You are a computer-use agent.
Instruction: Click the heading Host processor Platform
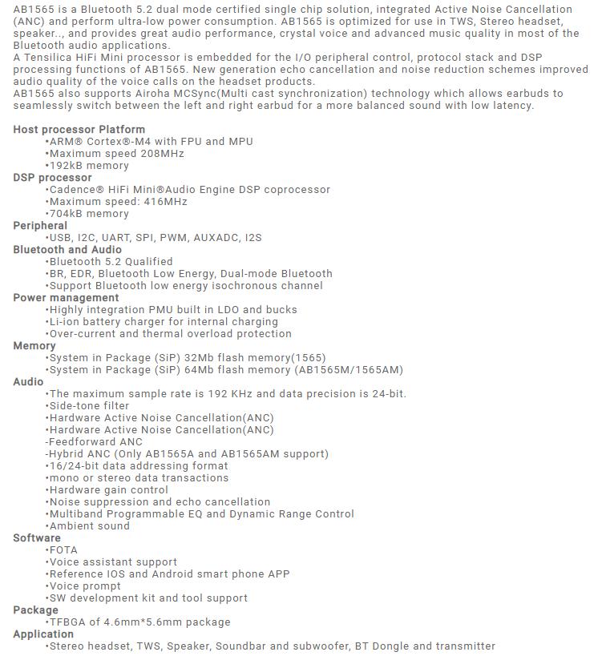79,130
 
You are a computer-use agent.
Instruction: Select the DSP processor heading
53,178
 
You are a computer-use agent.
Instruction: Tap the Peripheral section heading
40,226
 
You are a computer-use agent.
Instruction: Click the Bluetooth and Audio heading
67,250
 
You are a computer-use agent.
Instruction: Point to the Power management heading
66,298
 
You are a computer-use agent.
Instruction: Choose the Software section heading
37,538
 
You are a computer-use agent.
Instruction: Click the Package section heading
36,610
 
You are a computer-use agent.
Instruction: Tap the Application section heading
43,634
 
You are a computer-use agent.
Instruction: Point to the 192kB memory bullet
88,166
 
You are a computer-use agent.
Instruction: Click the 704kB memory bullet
88,214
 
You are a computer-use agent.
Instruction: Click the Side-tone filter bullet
88,406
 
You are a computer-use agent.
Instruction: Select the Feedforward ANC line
95,442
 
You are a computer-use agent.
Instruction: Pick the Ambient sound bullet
88,526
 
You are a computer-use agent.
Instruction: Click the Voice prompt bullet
84,586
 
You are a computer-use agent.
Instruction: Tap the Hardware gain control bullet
108,490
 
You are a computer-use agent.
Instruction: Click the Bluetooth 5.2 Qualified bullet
110,262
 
